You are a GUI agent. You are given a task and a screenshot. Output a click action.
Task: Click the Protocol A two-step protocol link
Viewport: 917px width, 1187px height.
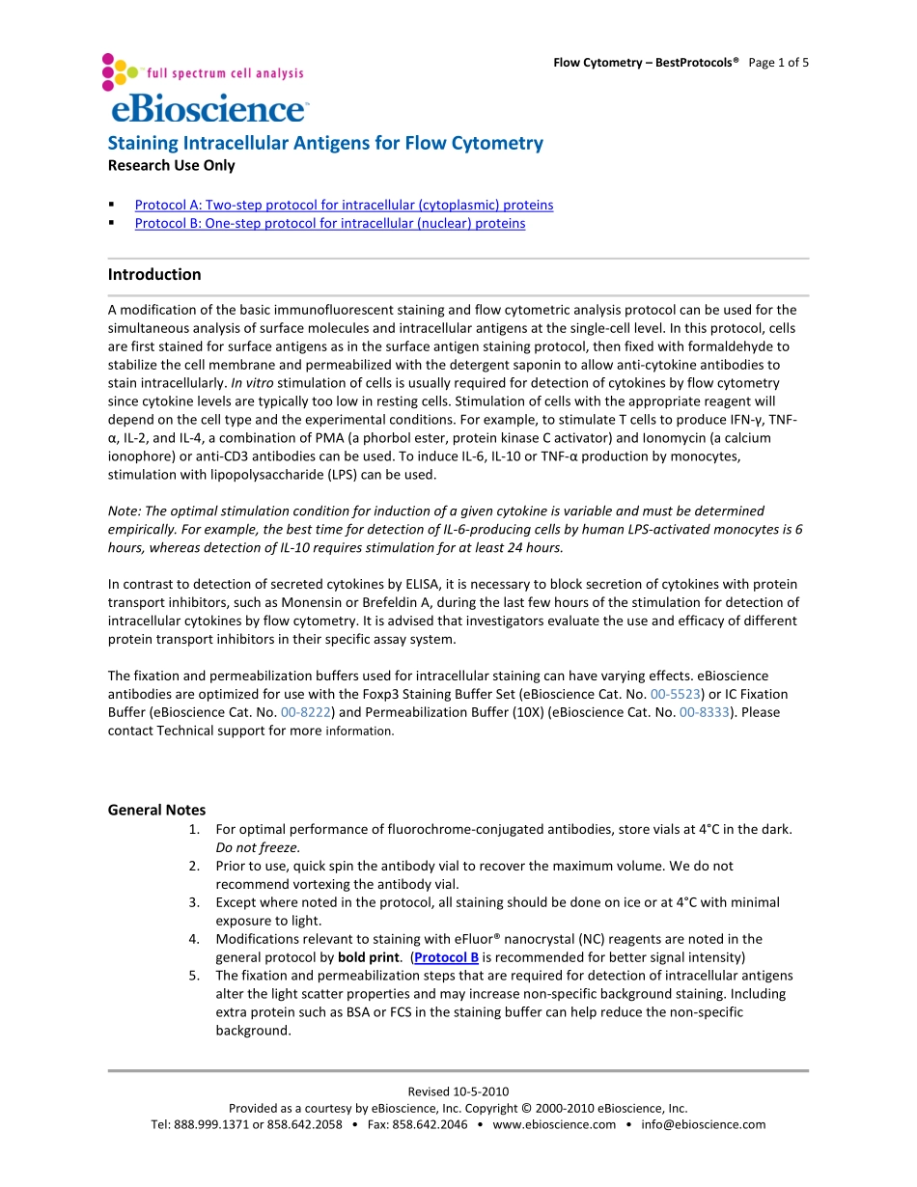(x=344, y=205)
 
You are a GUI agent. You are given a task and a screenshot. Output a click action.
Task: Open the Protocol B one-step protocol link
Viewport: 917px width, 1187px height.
(x=330, y=223)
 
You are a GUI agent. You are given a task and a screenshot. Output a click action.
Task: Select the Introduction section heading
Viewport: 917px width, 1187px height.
(x=154, y=274)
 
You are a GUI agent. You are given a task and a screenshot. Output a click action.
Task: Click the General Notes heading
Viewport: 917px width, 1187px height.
(x=156, y=810)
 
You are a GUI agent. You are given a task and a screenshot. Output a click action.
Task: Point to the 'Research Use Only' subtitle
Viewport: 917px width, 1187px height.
(x=171, y=165)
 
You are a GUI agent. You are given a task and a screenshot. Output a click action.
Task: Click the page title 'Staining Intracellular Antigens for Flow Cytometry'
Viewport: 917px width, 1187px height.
(x=325, y=143)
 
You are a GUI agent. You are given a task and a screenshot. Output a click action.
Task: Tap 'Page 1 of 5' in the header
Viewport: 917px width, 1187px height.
(x=778, y=63)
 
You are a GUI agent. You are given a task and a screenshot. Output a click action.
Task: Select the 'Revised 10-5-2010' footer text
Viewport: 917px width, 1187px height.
(x=458, y=1091)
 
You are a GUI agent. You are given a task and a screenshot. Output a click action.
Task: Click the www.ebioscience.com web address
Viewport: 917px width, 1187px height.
(x=554, y=1124)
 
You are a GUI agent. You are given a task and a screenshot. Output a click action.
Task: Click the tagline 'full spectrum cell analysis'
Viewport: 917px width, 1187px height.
(x=224, y=73)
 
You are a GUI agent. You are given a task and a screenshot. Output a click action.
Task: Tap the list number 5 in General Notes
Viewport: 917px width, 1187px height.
(x=194, y=976)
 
